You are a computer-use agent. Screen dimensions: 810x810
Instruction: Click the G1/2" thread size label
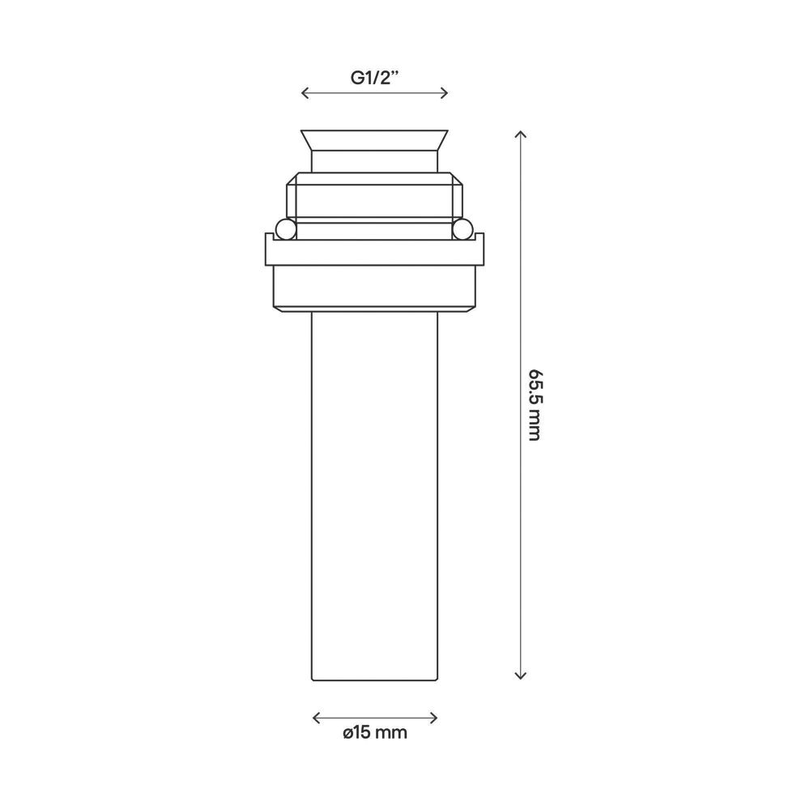(375, 78)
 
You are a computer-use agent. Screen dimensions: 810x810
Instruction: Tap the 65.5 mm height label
(534, 405)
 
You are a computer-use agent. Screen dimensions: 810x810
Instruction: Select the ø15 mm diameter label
(375, 732)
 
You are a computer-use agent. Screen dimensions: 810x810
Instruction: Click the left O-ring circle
(286, 229)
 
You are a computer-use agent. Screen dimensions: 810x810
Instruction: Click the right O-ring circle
(463, 229)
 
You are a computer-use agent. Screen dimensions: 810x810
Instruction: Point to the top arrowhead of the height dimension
(521, 134)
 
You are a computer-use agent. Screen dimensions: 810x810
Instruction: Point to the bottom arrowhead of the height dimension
(521, 676)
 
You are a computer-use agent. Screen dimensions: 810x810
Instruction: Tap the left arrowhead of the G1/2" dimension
(305, 93)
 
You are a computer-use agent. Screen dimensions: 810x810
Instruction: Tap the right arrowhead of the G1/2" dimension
(444, 93)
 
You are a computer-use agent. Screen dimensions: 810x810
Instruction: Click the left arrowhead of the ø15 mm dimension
(317, 718)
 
